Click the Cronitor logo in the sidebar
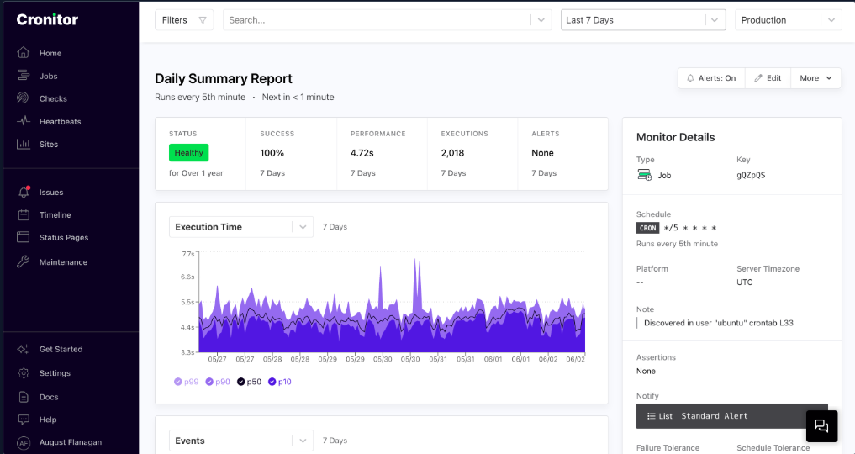(47, 19)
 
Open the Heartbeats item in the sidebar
(60, 122)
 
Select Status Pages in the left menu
(63, 238)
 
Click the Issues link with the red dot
(50, 193)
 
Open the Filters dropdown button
(184, 20)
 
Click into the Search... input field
(378, 20)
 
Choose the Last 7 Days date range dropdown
(642, 20)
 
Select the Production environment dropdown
(788, 20)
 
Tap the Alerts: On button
(711, 78)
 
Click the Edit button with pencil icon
(768, 78)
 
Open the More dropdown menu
(815, 78)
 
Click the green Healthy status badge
(188, 153)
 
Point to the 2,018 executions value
(452, 153)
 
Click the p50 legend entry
(249, 382)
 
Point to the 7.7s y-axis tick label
(187, 253)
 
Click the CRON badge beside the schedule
(647, 228)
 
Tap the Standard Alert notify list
(731, 416)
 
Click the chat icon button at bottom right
(821, 426)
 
